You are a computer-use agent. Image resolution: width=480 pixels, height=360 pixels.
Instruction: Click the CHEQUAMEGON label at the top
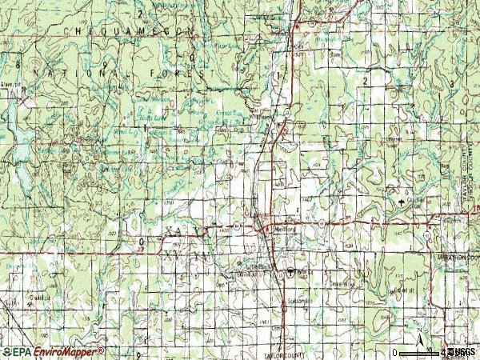click(x=127, y=29)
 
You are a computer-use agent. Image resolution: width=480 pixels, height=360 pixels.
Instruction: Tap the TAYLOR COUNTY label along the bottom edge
click(x=286, y=352)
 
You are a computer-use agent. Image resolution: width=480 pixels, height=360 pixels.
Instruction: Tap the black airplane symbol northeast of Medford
click(x=400, y=202)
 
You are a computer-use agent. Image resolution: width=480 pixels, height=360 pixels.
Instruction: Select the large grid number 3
click(x=453, y=82)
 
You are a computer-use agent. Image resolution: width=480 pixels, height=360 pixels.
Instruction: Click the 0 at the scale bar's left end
click(x=394, y=352)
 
